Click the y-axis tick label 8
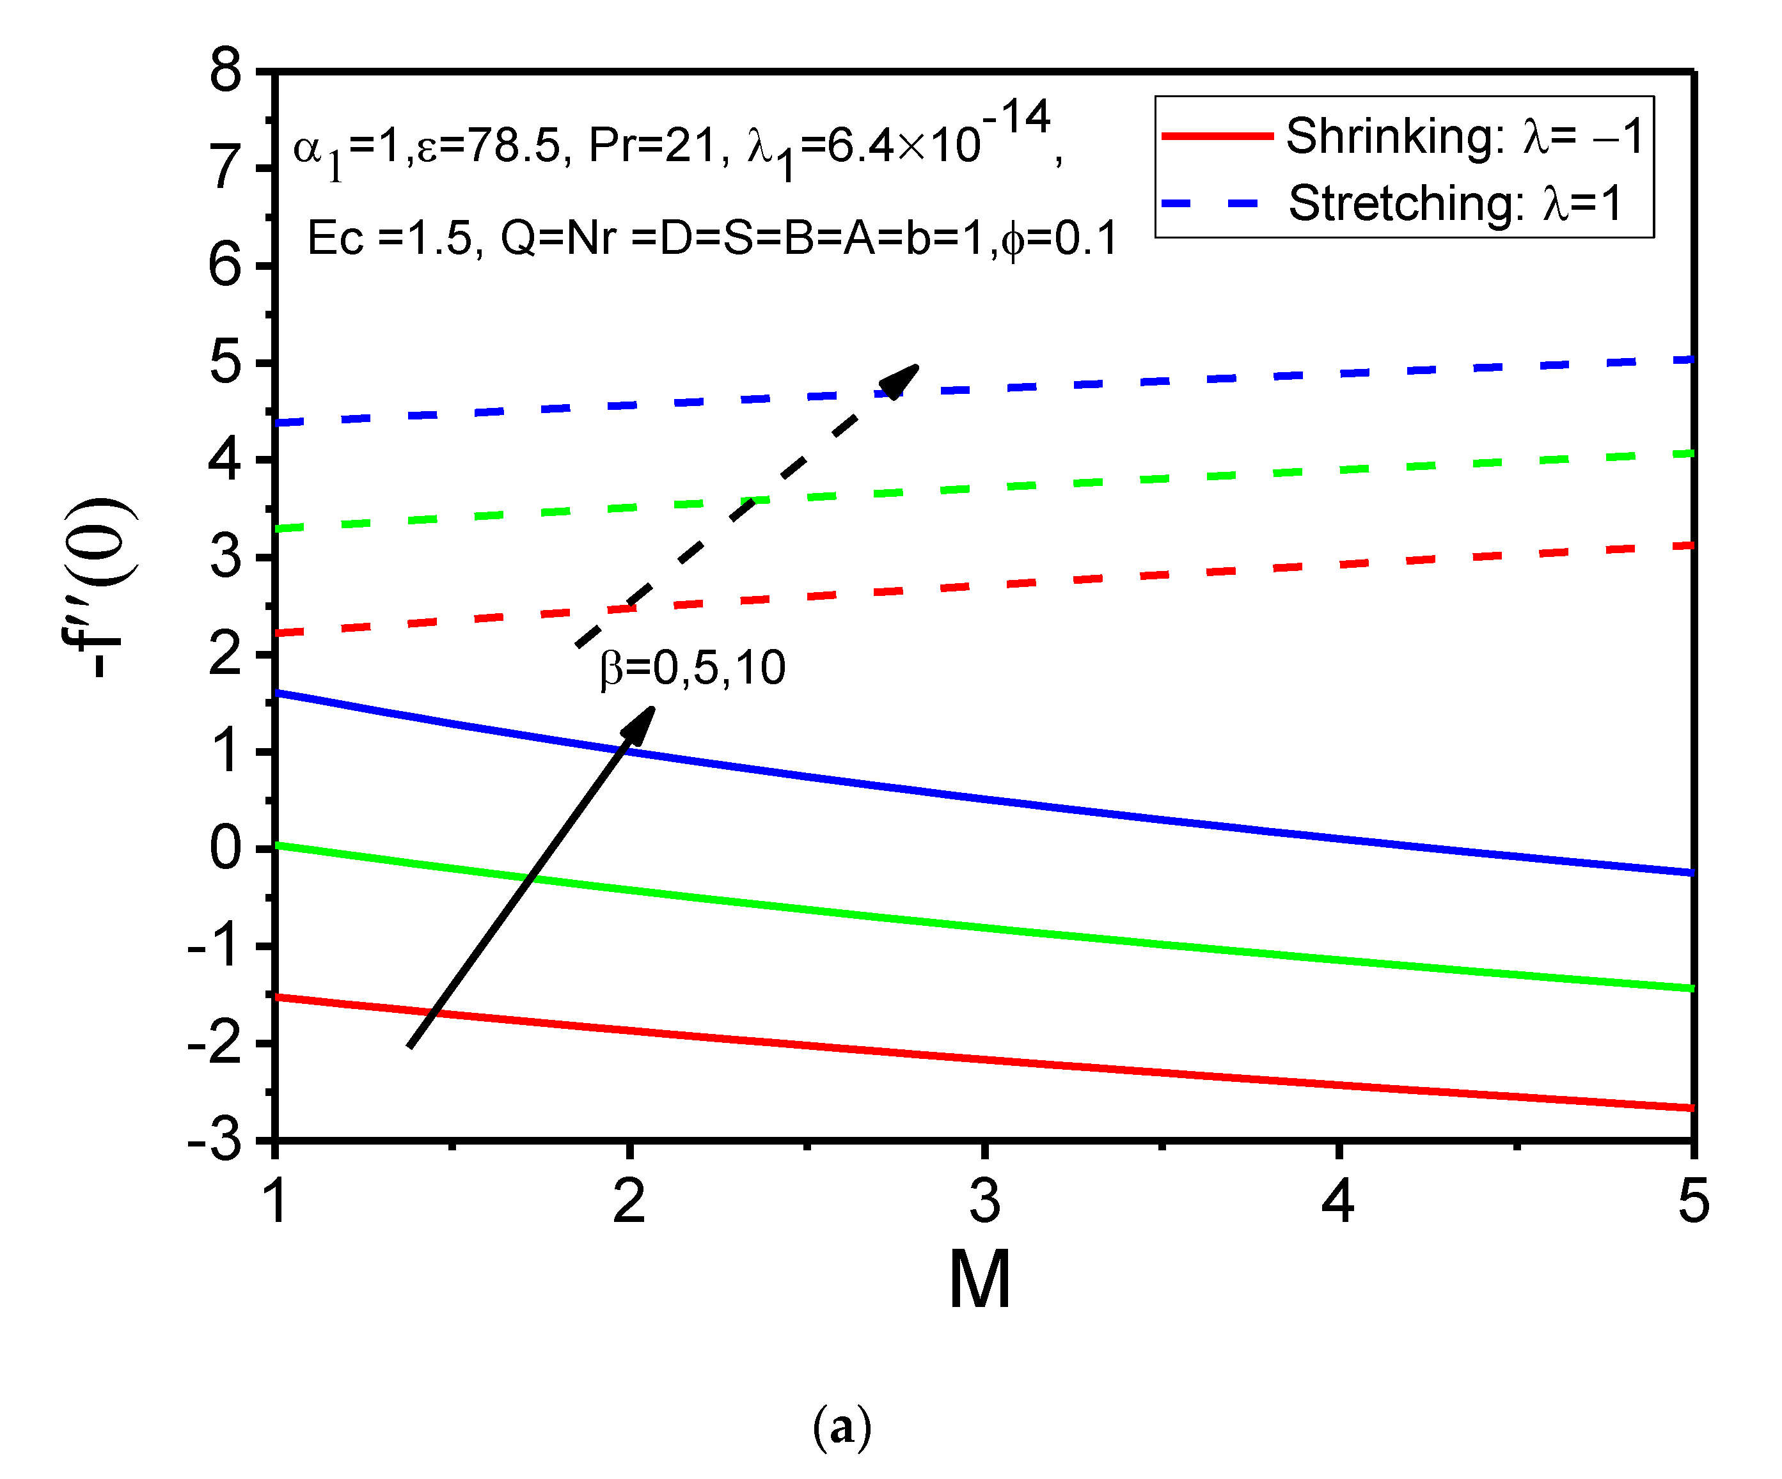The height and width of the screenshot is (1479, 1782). pos(226,71)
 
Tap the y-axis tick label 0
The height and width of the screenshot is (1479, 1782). pos(226,848)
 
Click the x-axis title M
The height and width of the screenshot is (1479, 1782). pos(979,1280)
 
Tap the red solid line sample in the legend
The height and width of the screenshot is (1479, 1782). pos(1216,136)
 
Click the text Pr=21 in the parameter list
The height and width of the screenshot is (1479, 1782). pos(658,145)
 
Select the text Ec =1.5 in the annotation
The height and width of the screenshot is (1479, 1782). pos(395,239)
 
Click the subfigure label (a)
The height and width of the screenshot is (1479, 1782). pos(841,1427)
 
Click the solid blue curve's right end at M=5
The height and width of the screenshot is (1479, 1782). pos(1691,872)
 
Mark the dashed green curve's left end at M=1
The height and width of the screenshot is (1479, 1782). pos(278,529)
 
